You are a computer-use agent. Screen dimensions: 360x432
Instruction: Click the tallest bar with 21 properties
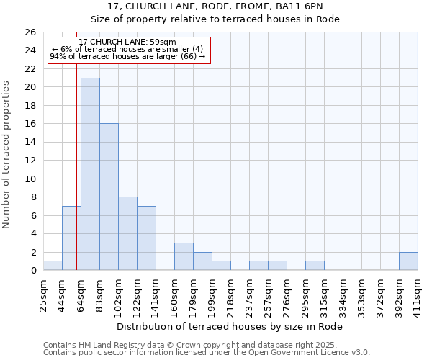[x=90, y=174]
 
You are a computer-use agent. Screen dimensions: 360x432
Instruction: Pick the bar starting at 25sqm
[x=53, y=266]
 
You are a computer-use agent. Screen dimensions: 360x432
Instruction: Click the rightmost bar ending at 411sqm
[x=408, y=261]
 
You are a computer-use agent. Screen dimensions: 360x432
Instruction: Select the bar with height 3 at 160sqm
[x=184, y=256]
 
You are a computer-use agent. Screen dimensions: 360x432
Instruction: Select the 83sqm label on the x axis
[x=99, y=294]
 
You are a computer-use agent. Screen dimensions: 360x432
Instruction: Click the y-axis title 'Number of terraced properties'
[x=7, y=154]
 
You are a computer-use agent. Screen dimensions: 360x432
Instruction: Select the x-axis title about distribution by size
[x=229, y=326]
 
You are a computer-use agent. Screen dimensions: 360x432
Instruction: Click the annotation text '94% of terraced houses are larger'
[x=127, y=56]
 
